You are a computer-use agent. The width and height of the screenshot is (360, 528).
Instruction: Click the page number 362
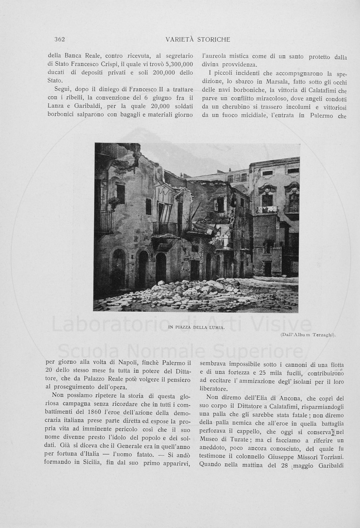[59, 40]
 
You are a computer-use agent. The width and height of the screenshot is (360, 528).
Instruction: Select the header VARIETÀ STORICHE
[198, 40]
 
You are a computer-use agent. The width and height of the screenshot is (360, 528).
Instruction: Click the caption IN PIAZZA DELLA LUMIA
[196, 327]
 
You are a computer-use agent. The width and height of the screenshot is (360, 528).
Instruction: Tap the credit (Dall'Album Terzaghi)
[308, 335]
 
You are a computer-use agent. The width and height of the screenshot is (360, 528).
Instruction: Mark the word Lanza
[56, 106]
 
